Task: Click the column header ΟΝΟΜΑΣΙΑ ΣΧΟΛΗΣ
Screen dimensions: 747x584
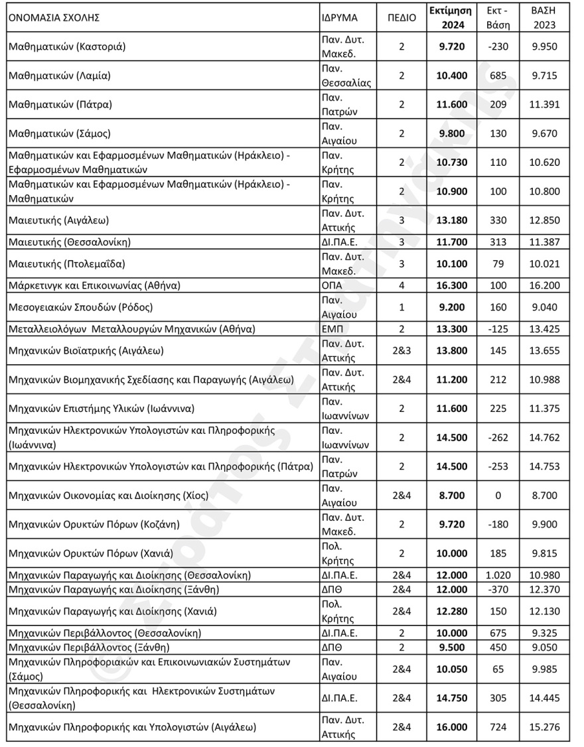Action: coord(54,18)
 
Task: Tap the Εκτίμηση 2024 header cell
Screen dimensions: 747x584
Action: coord(450,18)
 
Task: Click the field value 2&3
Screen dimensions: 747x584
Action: coord(402,350)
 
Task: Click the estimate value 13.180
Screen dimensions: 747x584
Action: coord(451,220)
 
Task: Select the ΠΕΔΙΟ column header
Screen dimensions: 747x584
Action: coord(402,18)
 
